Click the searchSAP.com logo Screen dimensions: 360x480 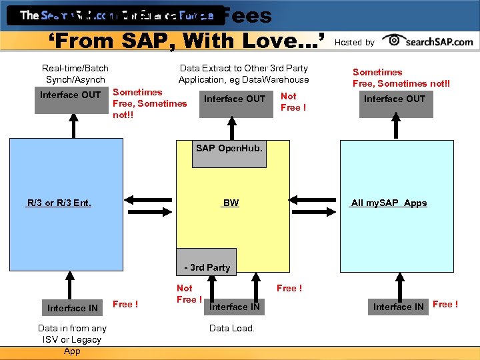pyautogui.click(x=430, y=41)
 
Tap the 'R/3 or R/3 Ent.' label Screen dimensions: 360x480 pyautogui.click(x=59, y=203)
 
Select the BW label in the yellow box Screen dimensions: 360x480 pyautogui.click(x=231, y=203)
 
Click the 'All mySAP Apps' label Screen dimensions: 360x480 pyautogui.click(x=389, y=203)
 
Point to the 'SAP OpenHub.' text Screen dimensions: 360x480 pyautogui.click(x=229, y=148)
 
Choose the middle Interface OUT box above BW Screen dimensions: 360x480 pyautogui.click(x=234, y=99)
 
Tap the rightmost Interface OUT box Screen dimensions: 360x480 pyautogui.click(x=394, y=99)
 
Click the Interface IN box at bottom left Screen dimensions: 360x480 pyautogui.click(x=72, y=307)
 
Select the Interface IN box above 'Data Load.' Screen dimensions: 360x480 pyautogui.click(x=235, y=307)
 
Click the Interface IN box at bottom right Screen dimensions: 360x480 pyautogui.click(x=398, y=307)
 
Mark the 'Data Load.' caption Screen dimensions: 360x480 pyautogui.click(x=231, y=328)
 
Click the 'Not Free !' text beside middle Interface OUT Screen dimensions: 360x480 pyautogui.click(x=293, y=102)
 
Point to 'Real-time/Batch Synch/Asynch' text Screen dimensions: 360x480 pyautogui.click(x=75, y=74)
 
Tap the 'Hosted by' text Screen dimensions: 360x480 pyautogui.click(x=354, y=42)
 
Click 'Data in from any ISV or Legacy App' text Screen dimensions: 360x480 pyautogui.click(x=72, y=339)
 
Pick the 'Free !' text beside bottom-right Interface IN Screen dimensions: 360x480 pyautogui.click(x=445, y=305)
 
